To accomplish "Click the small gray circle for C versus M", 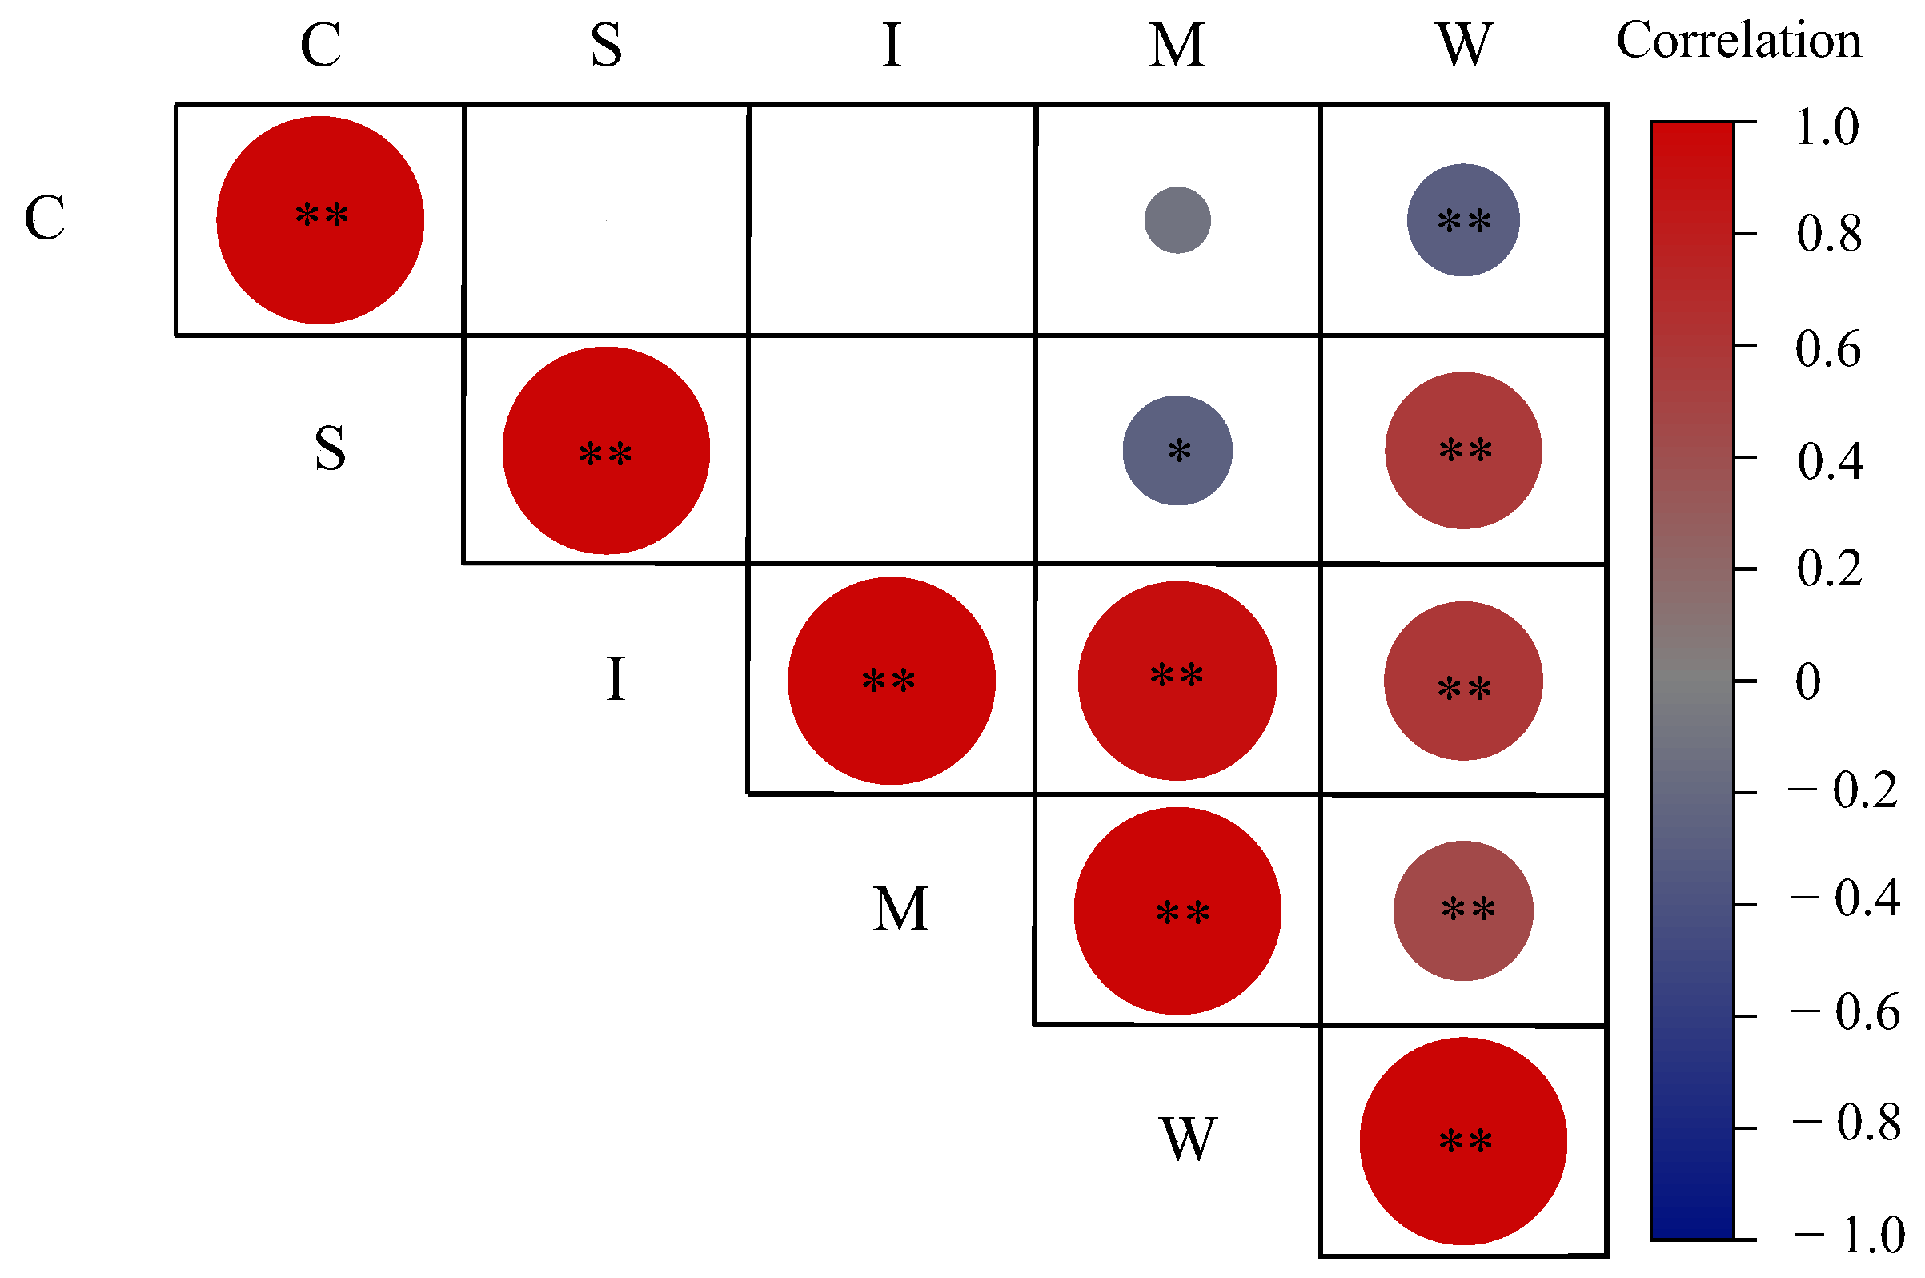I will click(1177, 220).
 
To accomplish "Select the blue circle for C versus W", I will click(1463, 220).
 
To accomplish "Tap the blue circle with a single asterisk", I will click(1177, 451).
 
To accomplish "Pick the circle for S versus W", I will click(1463, 451).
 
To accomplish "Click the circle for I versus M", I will click(1177, 681).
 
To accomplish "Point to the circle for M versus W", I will click(1463, 910).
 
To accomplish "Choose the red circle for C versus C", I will click(320, 220).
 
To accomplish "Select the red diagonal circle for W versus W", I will click(1463, 1141).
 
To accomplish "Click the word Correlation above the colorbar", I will click(1739, 41).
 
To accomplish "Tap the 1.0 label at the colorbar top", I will click(1827, 127).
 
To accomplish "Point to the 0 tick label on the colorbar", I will click(1807, 681).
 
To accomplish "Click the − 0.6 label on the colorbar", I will click(1846, 1012).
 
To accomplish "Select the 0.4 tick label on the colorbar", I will click(1830, 461).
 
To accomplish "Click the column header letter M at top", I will click(1177, 45).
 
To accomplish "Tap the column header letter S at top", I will click(606, 45).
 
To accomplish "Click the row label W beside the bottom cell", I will click(1189, 1139).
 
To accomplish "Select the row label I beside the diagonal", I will click(616, 680).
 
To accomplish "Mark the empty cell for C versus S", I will click(606, 220).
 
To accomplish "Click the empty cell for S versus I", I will click(892, 450).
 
